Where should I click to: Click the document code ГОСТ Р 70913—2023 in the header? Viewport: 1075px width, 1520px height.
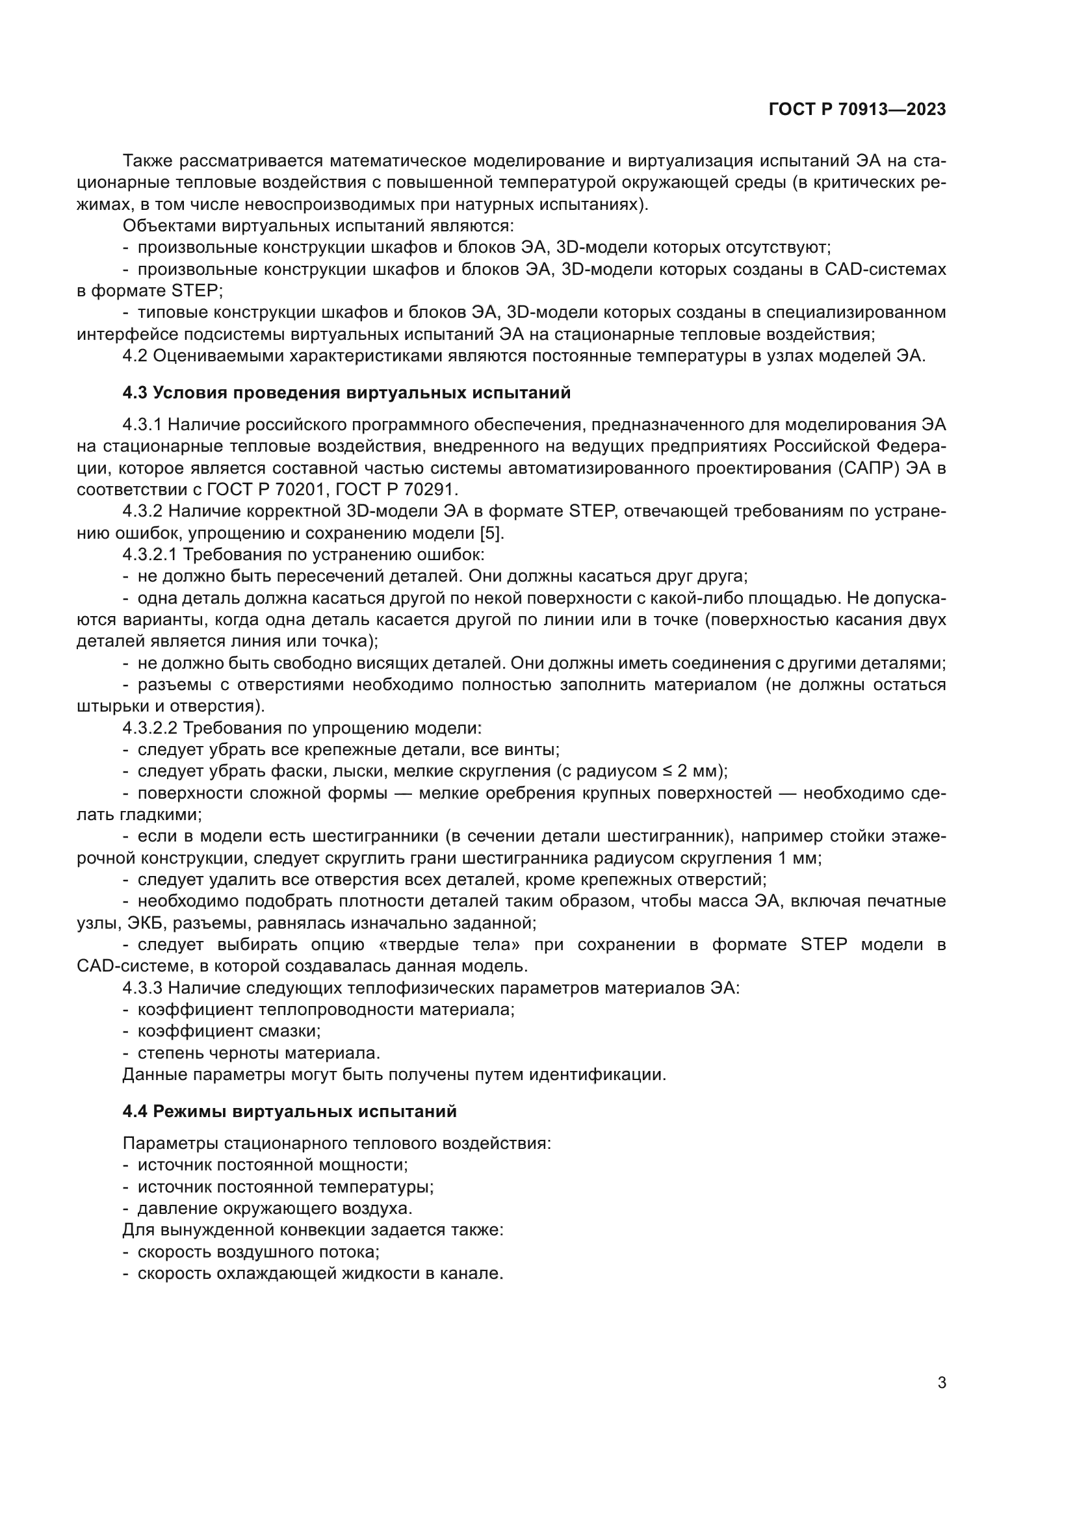(857, 109)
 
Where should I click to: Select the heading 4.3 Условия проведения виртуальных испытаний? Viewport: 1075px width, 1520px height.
(346, 393)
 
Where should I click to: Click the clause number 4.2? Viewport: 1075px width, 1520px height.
(135, 356)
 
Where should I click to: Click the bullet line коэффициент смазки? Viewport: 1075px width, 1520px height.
(228, 1031)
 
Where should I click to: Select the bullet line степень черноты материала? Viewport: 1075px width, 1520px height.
(258, 1053)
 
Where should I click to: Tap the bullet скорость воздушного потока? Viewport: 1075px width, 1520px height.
(257, 1252)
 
